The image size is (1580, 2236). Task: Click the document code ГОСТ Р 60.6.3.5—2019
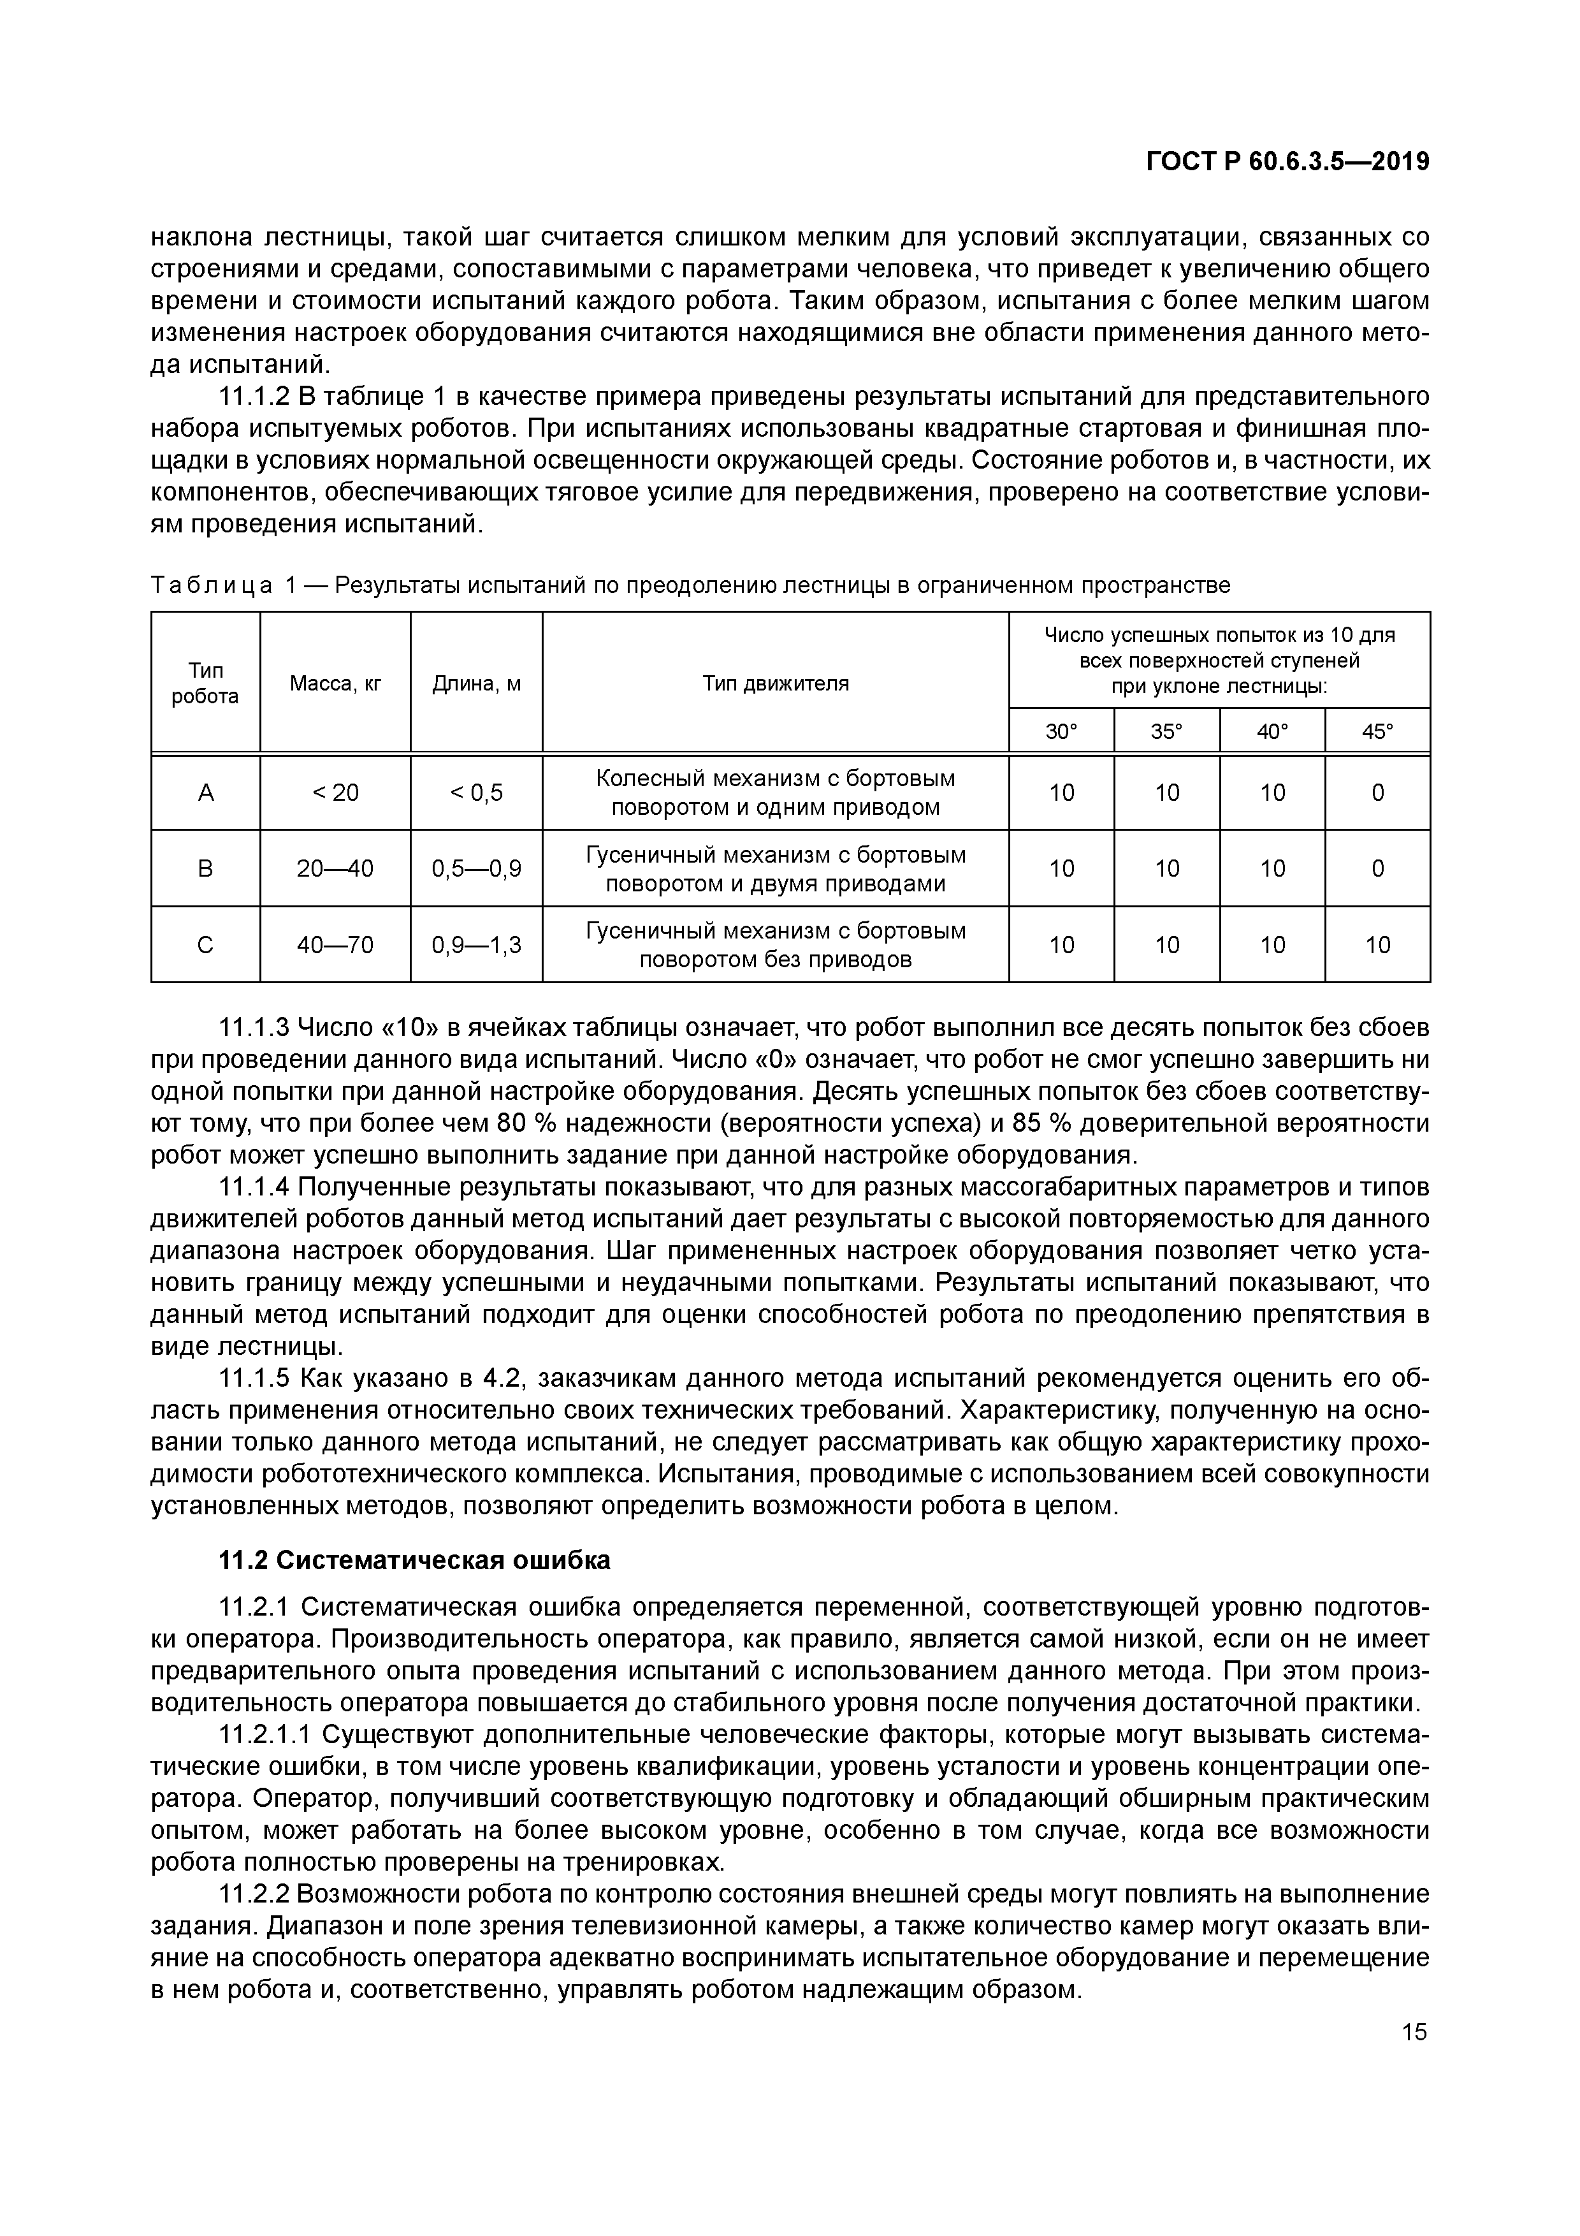1287,162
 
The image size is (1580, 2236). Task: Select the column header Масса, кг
335,683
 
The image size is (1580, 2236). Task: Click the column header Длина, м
476,683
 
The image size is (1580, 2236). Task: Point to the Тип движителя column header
775,683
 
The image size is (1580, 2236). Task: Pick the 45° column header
1377,731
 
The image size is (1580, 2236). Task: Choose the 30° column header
1061,731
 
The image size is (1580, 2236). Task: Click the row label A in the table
205,793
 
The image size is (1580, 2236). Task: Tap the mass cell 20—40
335,868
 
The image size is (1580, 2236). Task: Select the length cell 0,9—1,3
476,945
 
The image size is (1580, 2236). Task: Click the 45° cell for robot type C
1377,945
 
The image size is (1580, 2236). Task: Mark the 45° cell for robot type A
1377,793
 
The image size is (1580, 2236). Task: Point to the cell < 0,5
476,793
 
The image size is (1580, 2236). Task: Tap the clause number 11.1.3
254,1027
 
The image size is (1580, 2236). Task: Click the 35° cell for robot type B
1166,868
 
